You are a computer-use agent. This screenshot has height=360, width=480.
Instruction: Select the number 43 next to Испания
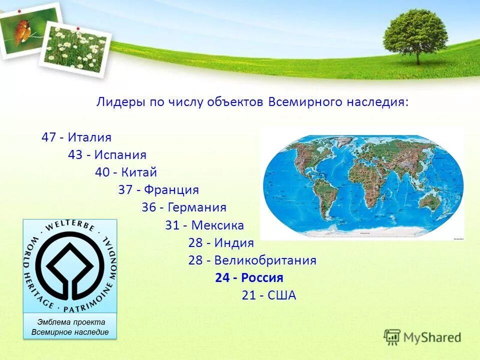75,155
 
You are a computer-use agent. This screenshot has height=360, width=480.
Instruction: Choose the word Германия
197,207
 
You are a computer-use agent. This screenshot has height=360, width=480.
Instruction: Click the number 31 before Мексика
172,225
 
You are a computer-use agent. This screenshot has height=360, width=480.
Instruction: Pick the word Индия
234,243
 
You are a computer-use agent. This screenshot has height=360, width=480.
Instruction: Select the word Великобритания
265,260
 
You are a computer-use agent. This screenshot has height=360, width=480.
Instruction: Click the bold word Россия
263,278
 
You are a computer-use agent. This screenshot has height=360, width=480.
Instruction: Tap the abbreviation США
282,295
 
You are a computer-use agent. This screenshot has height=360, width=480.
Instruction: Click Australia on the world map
430,200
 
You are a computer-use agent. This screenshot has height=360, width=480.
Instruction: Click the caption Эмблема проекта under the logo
70,322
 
